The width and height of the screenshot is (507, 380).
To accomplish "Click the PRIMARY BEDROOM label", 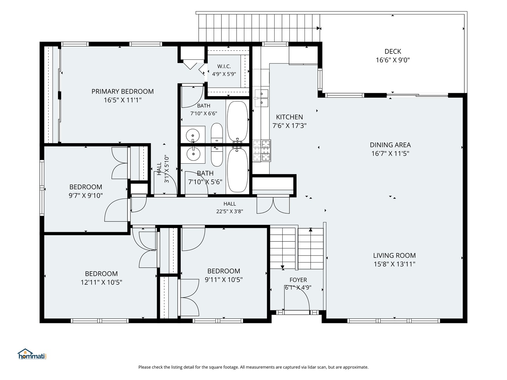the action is click(123, 91).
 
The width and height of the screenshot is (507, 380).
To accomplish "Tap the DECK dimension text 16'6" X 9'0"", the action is click(393, 60).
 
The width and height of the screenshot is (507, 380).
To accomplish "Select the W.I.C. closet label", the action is click(224, 66).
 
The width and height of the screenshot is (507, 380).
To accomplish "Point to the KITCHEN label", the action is click(289, 117).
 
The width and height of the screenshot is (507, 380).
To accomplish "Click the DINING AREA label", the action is click(390, 145).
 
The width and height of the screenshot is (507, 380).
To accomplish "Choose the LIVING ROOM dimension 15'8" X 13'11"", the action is click(394, 264).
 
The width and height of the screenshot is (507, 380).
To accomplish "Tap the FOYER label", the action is click(298, 280).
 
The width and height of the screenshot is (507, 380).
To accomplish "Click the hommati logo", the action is click(32, 354).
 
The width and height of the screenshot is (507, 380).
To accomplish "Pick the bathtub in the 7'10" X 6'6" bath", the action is click(237, 121).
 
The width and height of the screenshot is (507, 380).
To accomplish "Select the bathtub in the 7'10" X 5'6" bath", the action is click(238, 170).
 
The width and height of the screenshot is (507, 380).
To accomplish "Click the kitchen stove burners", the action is click(262, 151).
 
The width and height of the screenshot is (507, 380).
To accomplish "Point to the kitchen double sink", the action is click(262, 98).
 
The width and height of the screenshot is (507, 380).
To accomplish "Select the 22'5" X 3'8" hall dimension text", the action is click(230, 211).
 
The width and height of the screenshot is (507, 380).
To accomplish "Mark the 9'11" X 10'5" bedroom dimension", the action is click(224, 280).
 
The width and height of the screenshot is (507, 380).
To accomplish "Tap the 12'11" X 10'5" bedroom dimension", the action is click(101, 283).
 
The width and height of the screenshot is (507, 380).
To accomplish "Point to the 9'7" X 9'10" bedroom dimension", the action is click(86, 196).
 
